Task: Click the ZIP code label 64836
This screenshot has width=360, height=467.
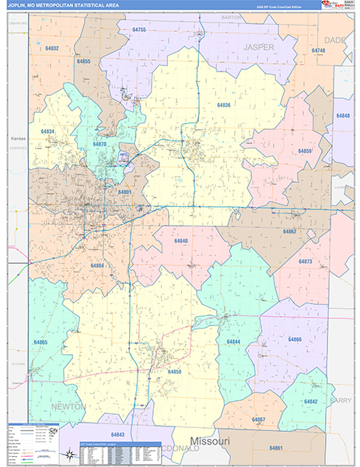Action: click(x=223, y=105)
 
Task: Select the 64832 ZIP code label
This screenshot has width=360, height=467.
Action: click(x=52, y=48)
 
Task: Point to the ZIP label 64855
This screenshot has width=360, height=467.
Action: click(x=84, y=61)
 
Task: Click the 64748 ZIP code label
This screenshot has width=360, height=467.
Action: click(x=318, y=51)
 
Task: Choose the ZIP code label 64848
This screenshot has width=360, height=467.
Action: click(x=343, y=115)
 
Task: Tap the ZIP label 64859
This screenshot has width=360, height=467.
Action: click(x=305, y=151)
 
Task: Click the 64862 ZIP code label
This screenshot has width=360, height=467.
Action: click(x=289, y=231)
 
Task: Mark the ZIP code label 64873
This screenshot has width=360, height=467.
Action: click(x=305, y=262)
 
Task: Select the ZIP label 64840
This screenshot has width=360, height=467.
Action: click(x=180, y=241)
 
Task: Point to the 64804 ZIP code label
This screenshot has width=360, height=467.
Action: click(x=97, y=265)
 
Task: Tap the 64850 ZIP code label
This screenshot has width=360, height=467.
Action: click(x=175, y=372)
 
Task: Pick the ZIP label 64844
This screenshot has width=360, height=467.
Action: click(x=233, y=342)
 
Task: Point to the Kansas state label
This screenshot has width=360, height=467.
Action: click(x=18, y=139)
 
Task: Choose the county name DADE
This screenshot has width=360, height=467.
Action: click(x=336, y=39)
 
